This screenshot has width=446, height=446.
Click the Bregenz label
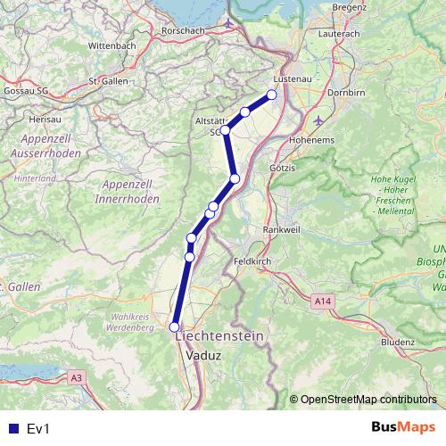[349, 7]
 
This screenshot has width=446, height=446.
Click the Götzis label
[282, 167]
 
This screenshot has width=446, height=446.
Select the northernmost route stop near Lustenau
[272, 95]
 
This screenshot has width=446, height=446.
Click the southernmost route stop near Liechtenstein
[175, 327]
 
